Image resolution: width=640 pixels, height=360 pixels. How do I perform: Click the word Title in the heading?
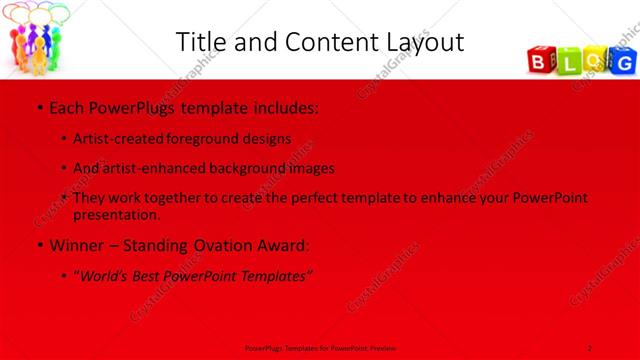point(201,43)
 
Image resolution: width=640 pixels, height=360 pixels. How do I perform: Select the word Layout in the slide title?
point(420,43)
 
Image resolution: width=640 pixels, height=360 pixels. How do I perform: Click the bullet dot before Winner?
point(38,245)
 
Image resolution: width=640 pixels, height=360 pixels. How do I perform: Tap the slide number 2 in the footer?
point(590,347)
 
